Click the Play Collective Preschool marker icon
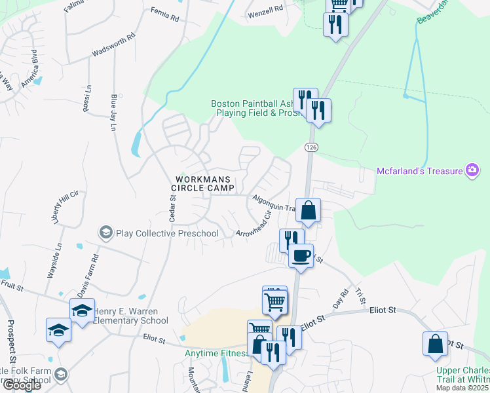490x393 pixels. pyautogui.click(x=105, y=233)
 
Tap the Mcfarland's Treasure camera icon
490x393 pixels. pyautogui.click(x=472, y=171)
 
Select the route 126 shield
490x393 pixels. pyautogui.click(x=311, y=148)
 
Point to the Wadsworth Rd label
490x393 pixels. pyautogui.click(x=113, y=44)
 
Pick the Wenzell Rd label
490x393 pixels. pyautogui.click(x=265, y=10)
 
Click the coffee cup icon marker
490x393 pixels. pyautogui.click(x=301, y=255)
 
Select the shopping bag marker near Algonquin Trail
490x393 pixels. pyautogui.click(x=308, y=211)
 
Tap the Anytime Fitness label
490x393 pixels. pyautogui.click(x=215, y=353)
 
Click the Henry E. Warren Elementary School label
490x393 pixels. pyautogui.click(x=130, y=316)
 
